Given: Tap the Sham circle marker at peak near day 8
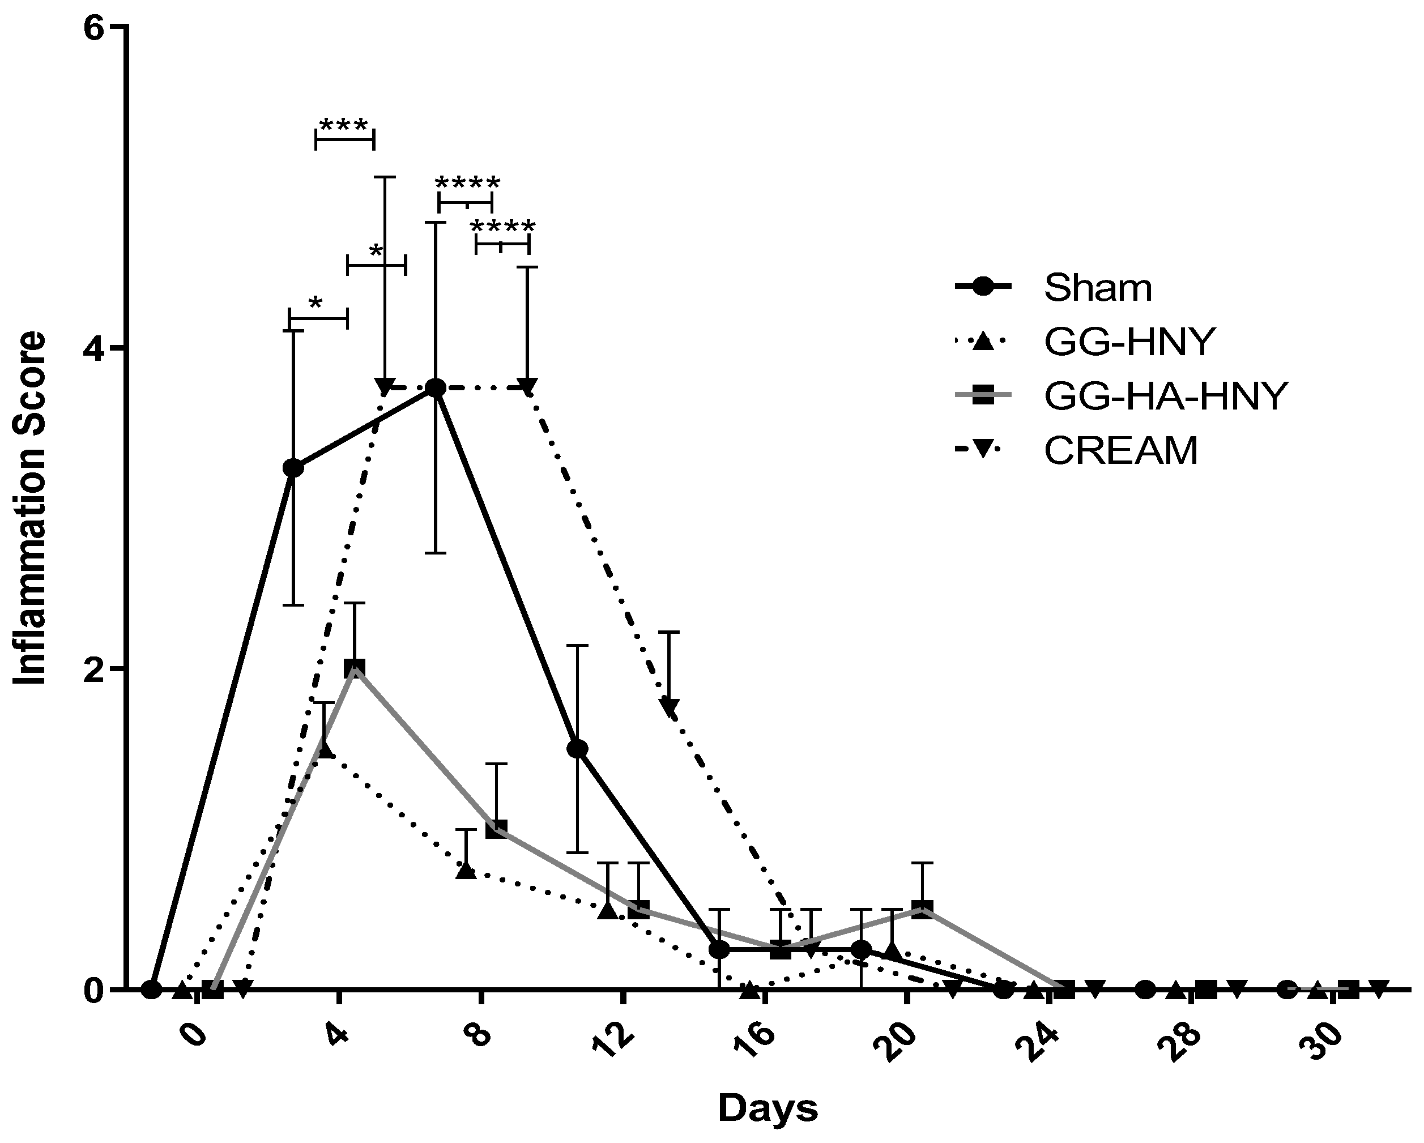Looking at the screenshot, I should (434, 387).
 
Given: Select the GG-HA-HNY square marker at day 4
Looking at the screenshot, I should (355, 668).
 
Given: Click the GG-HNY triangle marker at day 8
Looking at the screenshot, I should (466, 871).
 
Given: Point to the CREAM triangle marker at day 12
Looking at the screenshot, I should (669, 706).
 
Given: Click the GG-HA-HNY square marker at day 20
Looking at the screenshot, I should (922, 909).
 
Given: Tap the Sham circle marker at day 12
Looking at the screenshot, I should (577, 748).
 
